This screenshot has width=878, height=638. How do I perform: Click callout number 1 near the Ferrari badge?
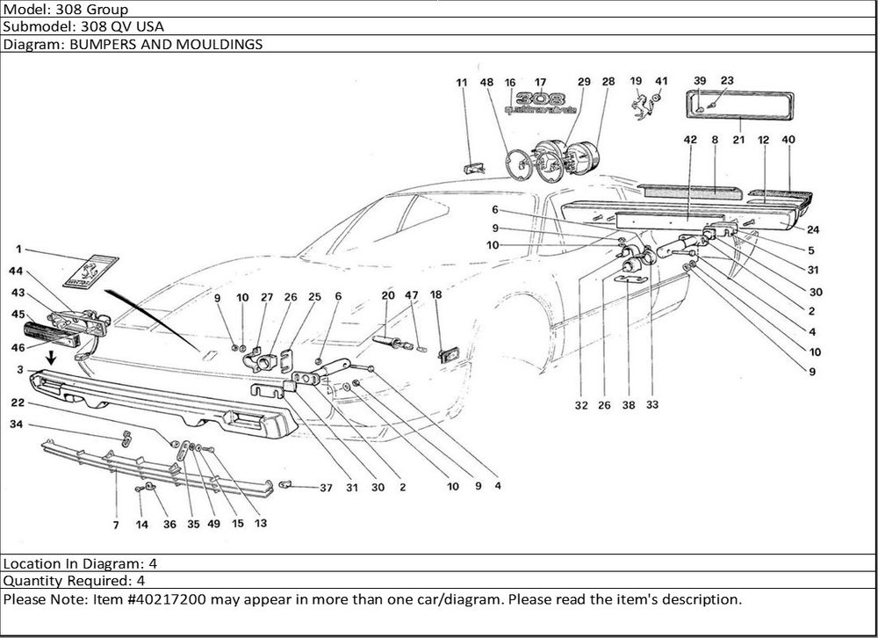(x=18, y=250)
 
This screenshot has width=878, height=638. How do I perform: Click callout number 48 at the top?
(x=487, y=82)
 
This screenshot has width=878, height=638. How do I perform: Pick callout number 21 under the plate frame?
(x=738, y=139)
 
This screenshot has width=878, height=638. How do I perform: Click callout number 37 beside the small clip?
(x=326, y=487)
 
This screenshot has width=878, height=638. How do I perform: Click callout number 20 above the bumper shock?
(x=387, y=296)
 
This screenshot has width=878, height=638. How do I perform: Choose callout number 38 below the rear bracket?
(x=629, y=406)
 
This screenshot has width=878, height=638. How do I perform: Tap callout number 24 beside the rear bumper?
(x=813, y=230)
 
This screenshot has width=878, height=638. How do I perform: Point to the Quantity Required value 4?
(x=140, y=581)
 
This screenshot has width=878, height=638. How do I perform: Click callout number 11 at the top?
(x=461, y=82)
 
